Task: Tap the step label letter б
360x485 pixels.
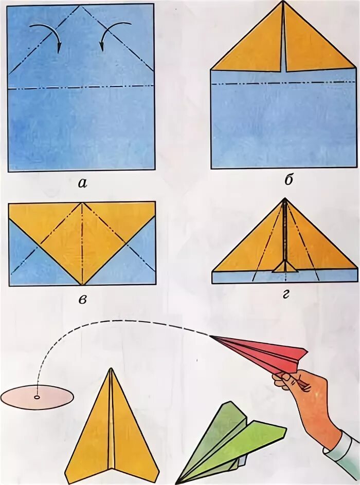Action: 288,179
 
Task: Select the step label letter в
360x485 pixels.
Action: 82,299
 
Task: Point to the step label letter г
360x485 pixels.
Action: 285,294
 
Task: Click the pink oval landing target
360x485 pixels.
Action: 37,397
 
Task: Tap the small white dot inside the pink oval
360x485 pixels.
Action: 37,397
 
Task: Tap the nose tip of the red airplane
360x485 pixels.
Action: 210,336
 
